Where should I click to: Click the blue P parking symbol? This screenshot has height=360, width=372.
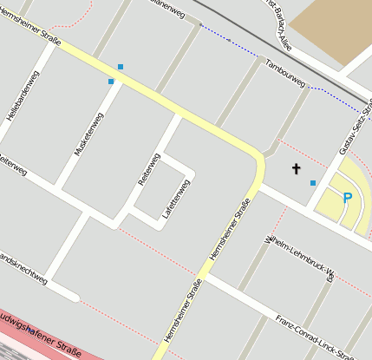click(x=348, y=199)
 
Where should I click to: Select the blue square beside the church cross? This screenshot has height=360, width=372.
click(x=313, y=182)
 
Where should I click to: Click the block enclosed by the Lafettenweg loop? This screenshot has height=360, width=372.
click(x=163, y=193)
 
